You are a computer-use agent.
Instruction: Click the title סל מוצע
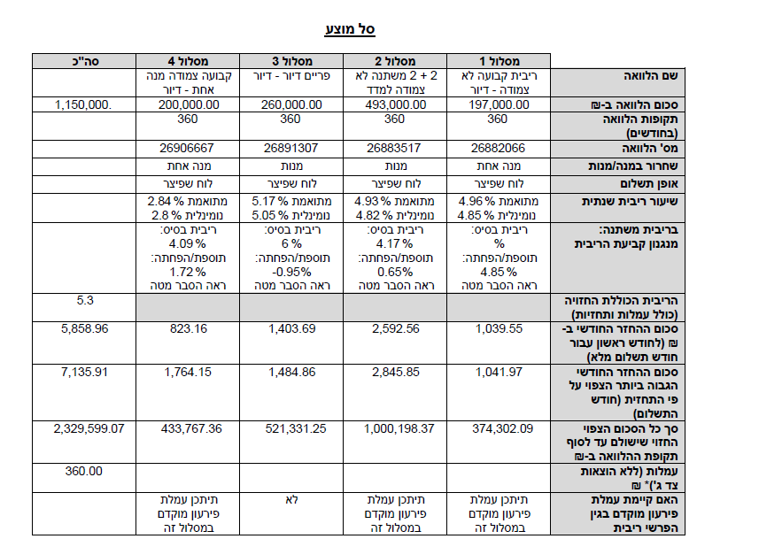click(351, 29)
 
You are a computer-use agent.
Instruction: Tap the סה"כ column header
click(85, 61)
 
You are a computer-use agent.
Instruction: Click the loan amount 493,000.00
click(395, 104)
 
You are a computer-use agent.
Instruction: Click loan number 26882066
click(500, 148)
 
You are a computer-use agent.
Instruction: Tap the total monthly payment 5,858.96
click(85, 328)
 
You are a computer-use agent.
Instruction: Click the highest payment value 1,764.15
click(187, 372)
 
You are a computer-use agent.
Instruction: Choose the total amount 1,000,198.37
click(394, 428)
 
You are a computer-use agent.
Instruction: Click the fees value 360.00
click(84, 471)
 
